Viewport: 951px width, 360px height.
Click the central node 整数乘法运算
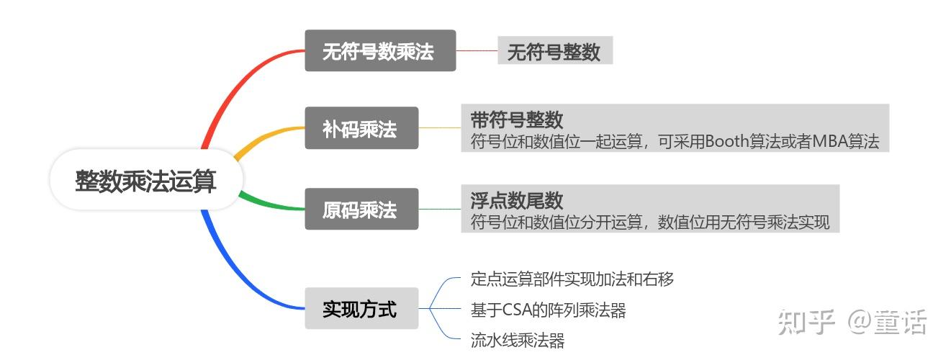(146, 180)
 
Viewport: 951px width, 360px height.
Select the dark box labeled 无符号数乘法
(380, 51)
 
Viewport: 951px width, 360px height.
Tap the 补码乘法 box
(361, 130)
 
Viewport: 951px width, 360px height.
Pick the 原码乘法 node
(361, 210)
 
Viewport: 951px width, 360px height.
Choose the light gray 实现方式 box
(361, 309)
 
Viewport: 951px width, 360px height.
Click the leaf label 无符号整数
(554, 51)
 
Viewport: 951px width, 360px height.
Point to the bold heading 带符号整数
(516, 120)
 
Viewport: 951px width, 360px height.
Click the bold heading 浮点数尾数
(516, 200)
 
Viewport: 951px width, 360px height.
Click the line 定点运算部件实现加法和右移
(572, 279)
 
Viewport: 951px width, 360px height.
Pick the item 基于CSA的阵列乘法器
(548, 310)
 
